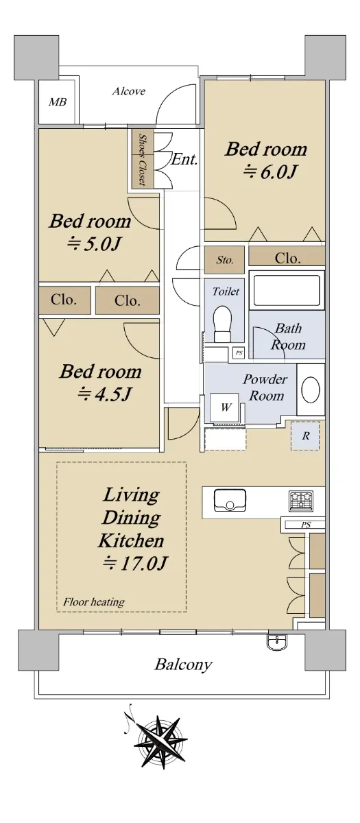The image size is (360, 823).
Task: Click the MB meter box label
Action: point(58,102)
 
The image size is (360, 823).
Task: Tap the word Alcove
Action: point(129,91)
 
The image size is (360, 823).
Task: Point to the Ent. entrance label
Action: point(184,159)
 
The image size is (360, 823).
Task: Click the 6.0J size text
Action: point(270,171)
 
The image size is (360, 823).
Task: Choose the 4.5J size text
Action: point(105,394)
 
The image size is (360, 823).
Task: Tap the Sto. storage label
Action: point(224,260)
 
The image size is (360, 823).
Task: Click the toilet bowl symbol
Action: point(223,324)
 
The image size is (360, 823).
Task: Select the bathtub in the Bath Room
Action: point(287,290)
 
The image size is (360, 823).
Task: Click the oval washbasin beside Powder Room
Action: point(311,390)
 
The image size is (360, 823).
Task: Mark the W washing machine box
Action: point(225,407)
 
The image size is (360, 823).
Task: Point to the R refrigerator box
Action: point(305,436)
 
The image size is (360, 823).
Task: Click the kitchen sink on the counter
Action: point(230,500)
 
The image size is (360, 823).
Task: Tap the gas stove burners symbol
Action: point(301,501)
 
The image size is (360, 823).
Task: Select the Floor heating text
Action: point(94,602)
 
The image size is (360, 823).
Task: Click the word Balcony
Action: point(183,665)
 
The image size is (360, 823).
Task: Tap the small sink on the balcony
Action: point(278,641)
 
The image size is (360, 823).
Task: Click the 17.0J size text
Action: point(135,563)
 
